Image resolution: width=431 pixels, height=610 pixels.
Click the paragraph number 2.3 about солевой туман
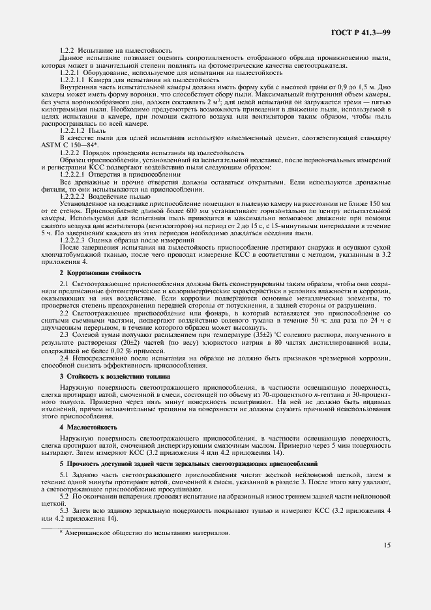point(65,334)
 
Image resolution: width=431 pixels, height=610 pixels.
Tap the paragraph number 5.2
point(65,497)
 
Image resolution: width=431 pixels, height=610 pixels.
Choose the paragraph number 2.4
point(65,358)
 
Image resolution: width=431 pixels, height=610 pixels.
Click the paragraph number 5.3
point(65,511)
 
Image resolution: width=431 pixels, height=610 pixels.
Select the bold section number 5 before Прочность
point(61,461)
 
